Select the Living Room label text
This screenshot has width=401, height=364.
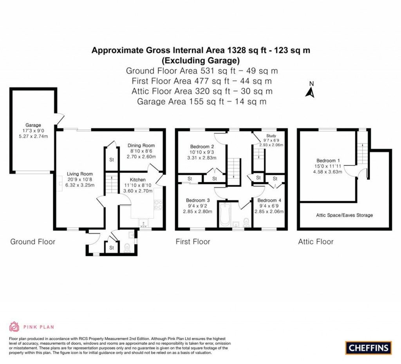pos(79,174)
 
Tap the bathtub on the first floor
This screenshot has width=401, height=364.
pos(225,215)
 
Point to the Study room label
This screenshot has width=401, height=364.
pos(271,136)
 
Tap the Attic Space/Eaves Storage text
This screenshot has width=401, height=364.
pos(344,215)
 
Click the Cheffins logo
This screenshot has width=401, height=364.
pos(368,347)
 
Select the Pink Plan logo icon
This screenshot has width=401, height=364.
pos(14,326)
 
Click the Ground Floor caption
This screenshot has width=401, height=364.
pos(33,242)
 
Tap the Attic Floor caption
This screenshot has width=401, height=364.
pos(316,242)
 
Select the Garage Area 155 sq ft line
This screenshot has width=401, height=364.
pos(202,102)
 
